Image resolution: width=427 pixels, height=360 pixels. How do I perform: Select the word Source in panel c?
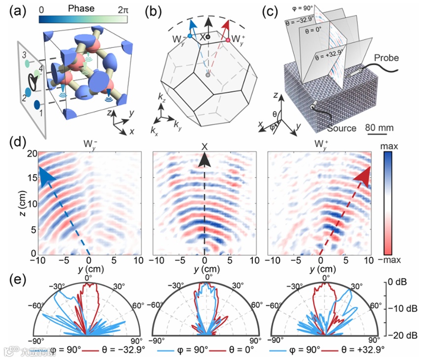(341, 128)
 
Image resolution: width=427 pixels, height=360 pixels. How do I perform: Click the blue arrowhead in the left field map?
(45, 176)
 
